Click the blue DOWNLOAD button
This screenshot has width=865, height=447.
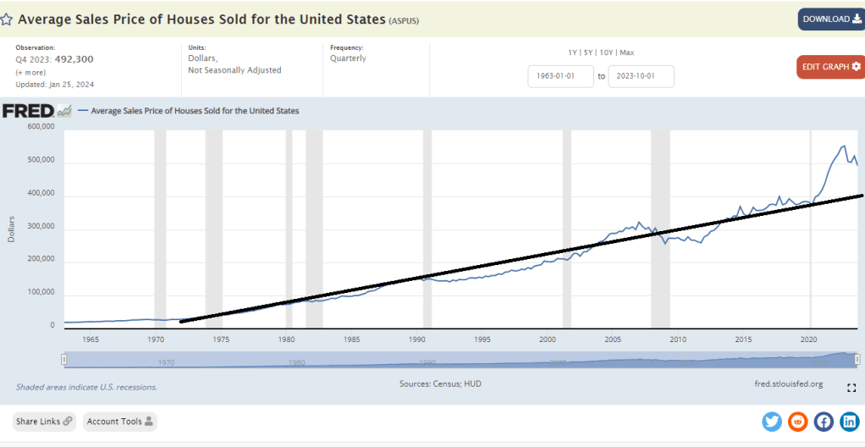click(830, 19)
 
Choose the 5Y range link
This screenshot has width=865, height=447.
click(590, 52)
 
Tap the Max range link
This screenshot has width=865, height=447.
click(626, 52)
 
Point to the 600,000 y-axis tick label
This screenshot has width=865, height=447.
click(41, 127)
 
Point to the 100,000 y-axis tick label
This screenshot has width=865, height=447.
click(41, 292)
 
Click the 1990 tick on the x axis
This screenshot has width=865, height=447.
click(416, 339)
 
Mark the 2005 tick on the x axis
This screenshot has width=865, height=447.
click(612, 339)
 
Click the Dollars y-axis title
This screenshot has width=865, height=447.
click(12, 228)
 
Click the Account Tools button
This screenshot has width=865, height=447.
click(119, 422)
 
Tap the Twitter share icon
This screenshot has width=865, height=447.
click(772, 422)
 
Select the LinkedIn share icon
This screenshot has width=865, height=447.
click(849, 422)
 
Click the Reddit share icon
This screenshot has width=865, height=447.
click(797, 422)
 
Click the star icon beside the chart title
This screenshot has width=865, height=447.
click(7, 19)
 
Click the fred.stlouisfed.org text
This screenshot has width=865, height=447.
click(788, 384)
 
